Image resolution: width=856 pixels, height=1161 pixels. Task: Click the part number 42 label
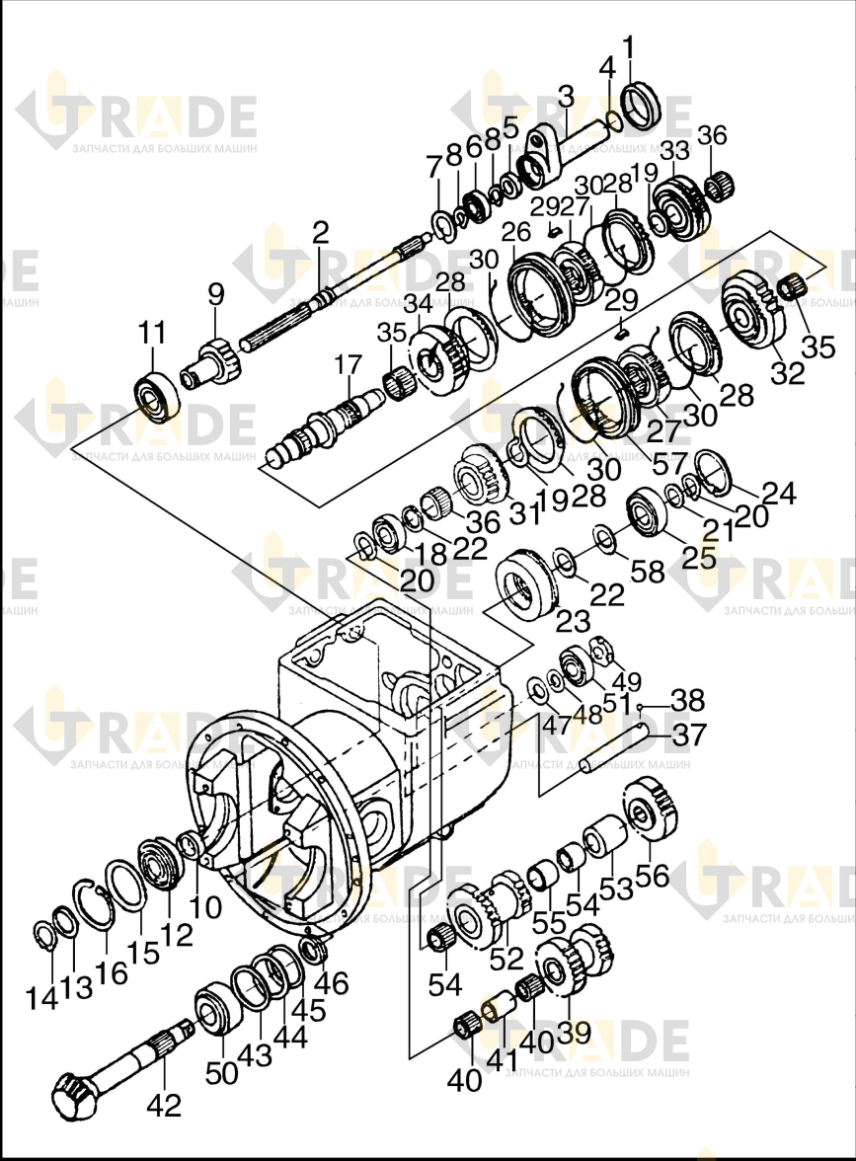coord(164,1106)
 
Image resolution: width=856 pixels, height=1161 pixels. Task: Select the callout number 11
coord(152,334)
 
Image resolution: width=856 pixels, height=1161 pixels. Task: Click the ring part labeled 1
coord(641,105)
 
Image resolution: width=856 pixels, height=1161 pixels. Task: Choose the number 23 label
coord(573,620)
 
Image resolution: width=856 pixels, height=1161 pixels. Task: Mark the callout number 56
coord(653,875)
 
